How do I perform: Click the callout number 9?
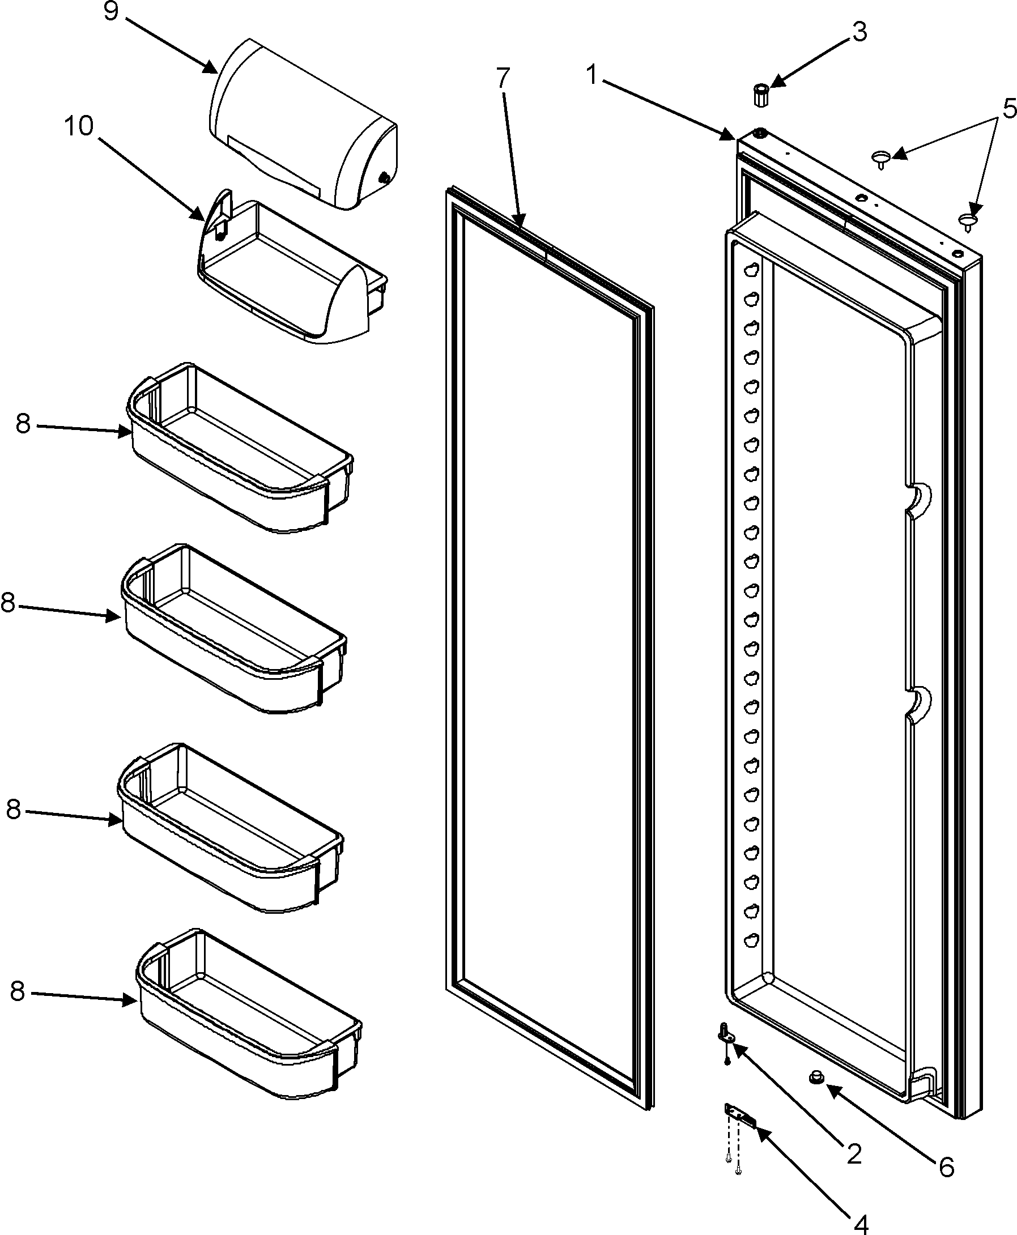[x=110, y=11]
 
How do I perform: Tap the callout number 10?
[x=79, y=126]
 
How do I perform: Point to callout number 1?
[x=592, y=74]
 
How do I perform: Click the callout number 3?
[x=859, y=32]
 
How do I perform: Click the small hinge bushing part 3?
[x=760, y=94]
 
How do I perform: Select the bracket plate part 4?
[x=739, y=1112]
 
